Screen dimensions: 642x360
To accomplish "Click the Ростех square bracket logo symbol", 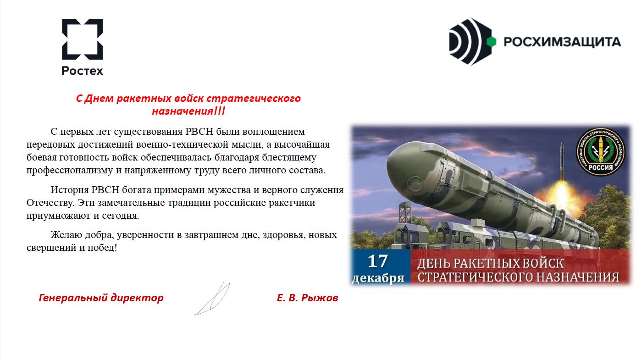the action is point(82,39).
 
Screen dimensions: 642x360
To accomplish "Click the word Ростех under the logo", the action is point(82,71).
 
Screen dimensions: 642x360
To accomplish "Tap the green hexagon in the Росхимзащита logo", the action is point(491,42).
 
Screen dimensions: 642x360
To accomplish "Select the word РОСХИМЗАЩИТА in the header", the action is point(562,42).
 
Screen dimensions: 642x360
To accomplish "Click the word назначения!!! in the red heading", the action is point(188,111).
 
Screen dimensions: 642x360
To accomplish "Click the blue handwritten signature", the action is point(212,299).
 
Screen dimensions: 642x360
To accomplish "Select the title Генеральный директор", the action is point(101,298).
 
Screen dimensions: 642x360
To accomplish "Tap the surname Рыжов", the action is point(320,298).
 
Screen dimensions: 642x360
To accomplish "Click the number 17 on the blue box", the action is point(378,261).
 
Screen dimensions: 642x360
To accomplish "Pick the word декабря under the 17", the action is point(378,278).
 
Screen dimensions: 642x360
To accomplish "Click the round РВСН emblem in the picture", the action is point(601,152).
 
